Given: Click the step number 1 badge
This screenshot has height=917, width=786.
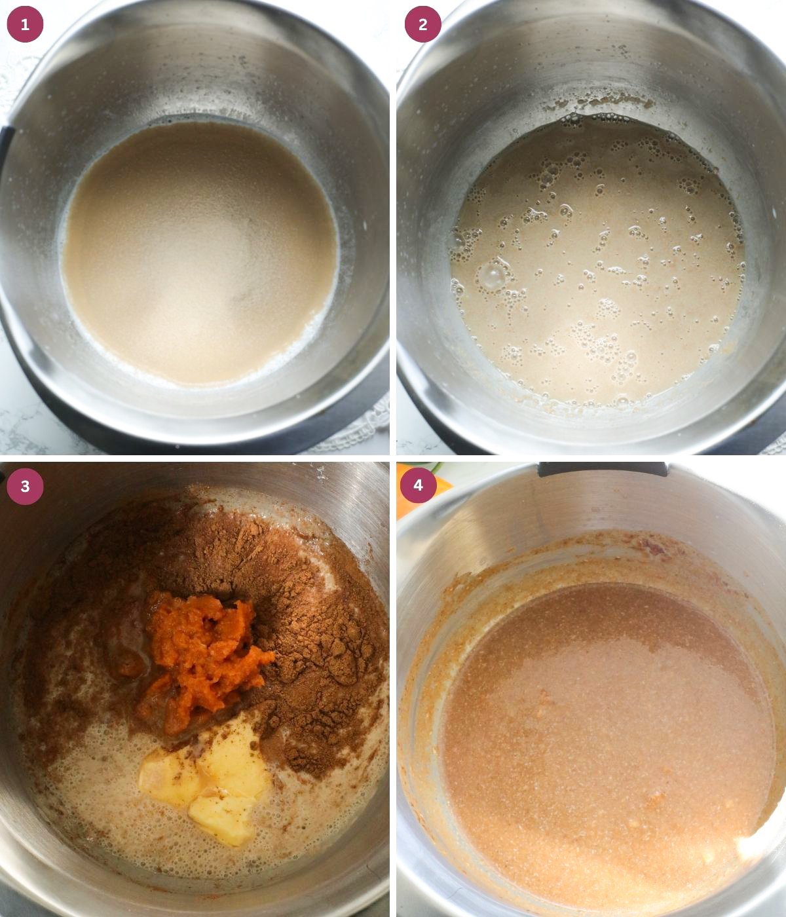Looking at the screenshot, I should (x=25, y=24).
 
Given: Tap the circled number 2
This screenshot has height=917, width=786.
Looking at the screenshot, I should (x=422, y=24).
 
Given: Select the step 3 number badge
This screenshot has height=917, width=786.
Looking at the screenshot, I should (x=25, y=486).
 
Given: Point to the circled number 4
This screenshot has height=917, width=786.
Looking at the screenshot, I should (x=418, y=486).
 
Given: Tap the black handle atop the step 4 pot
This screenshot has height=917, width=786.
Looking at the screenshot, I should (x=603, y=469).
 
